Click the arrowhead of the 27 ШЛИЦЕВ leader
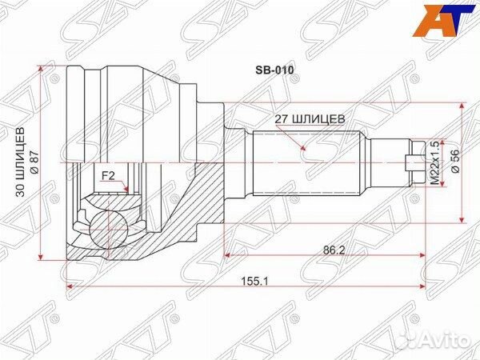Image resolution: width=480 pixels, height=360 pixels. tap(304, 150)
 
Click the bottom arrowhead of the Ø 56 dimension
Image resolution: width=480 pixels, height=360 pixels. tap(465, 218)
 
